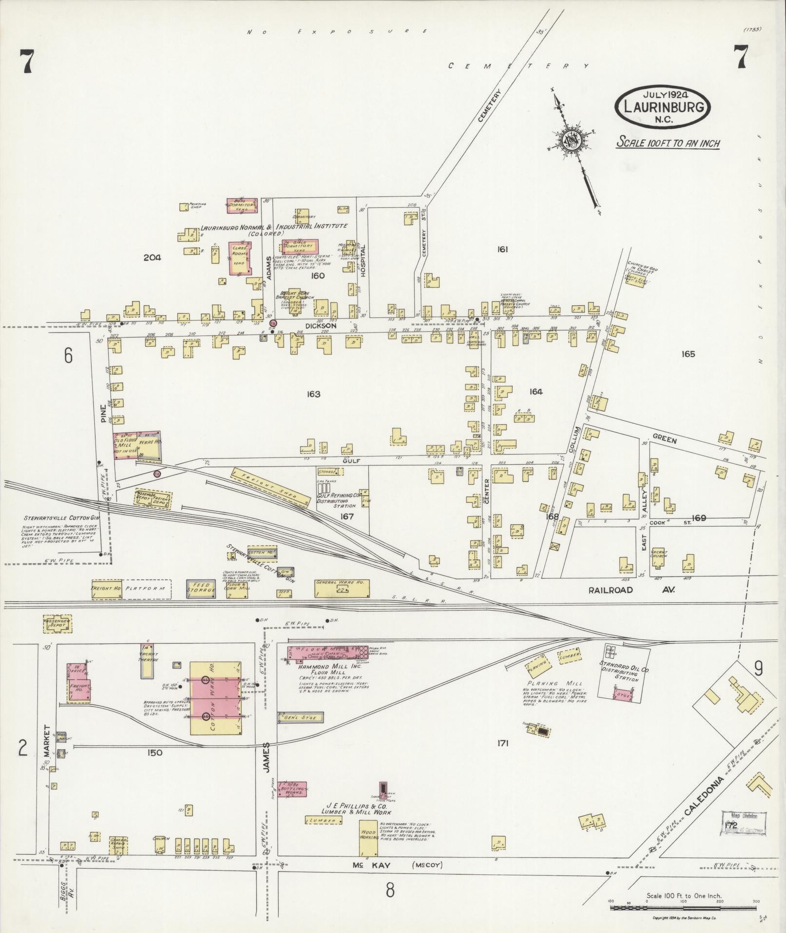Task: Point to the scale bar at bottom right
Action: [683, 907]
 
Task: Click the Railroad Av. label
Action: [631, 590]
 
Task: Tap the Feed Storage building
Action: [201, 588]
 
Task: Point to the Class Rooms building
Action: [240, 258]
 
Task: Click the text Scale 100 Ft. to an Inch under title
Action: [668, 143]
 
